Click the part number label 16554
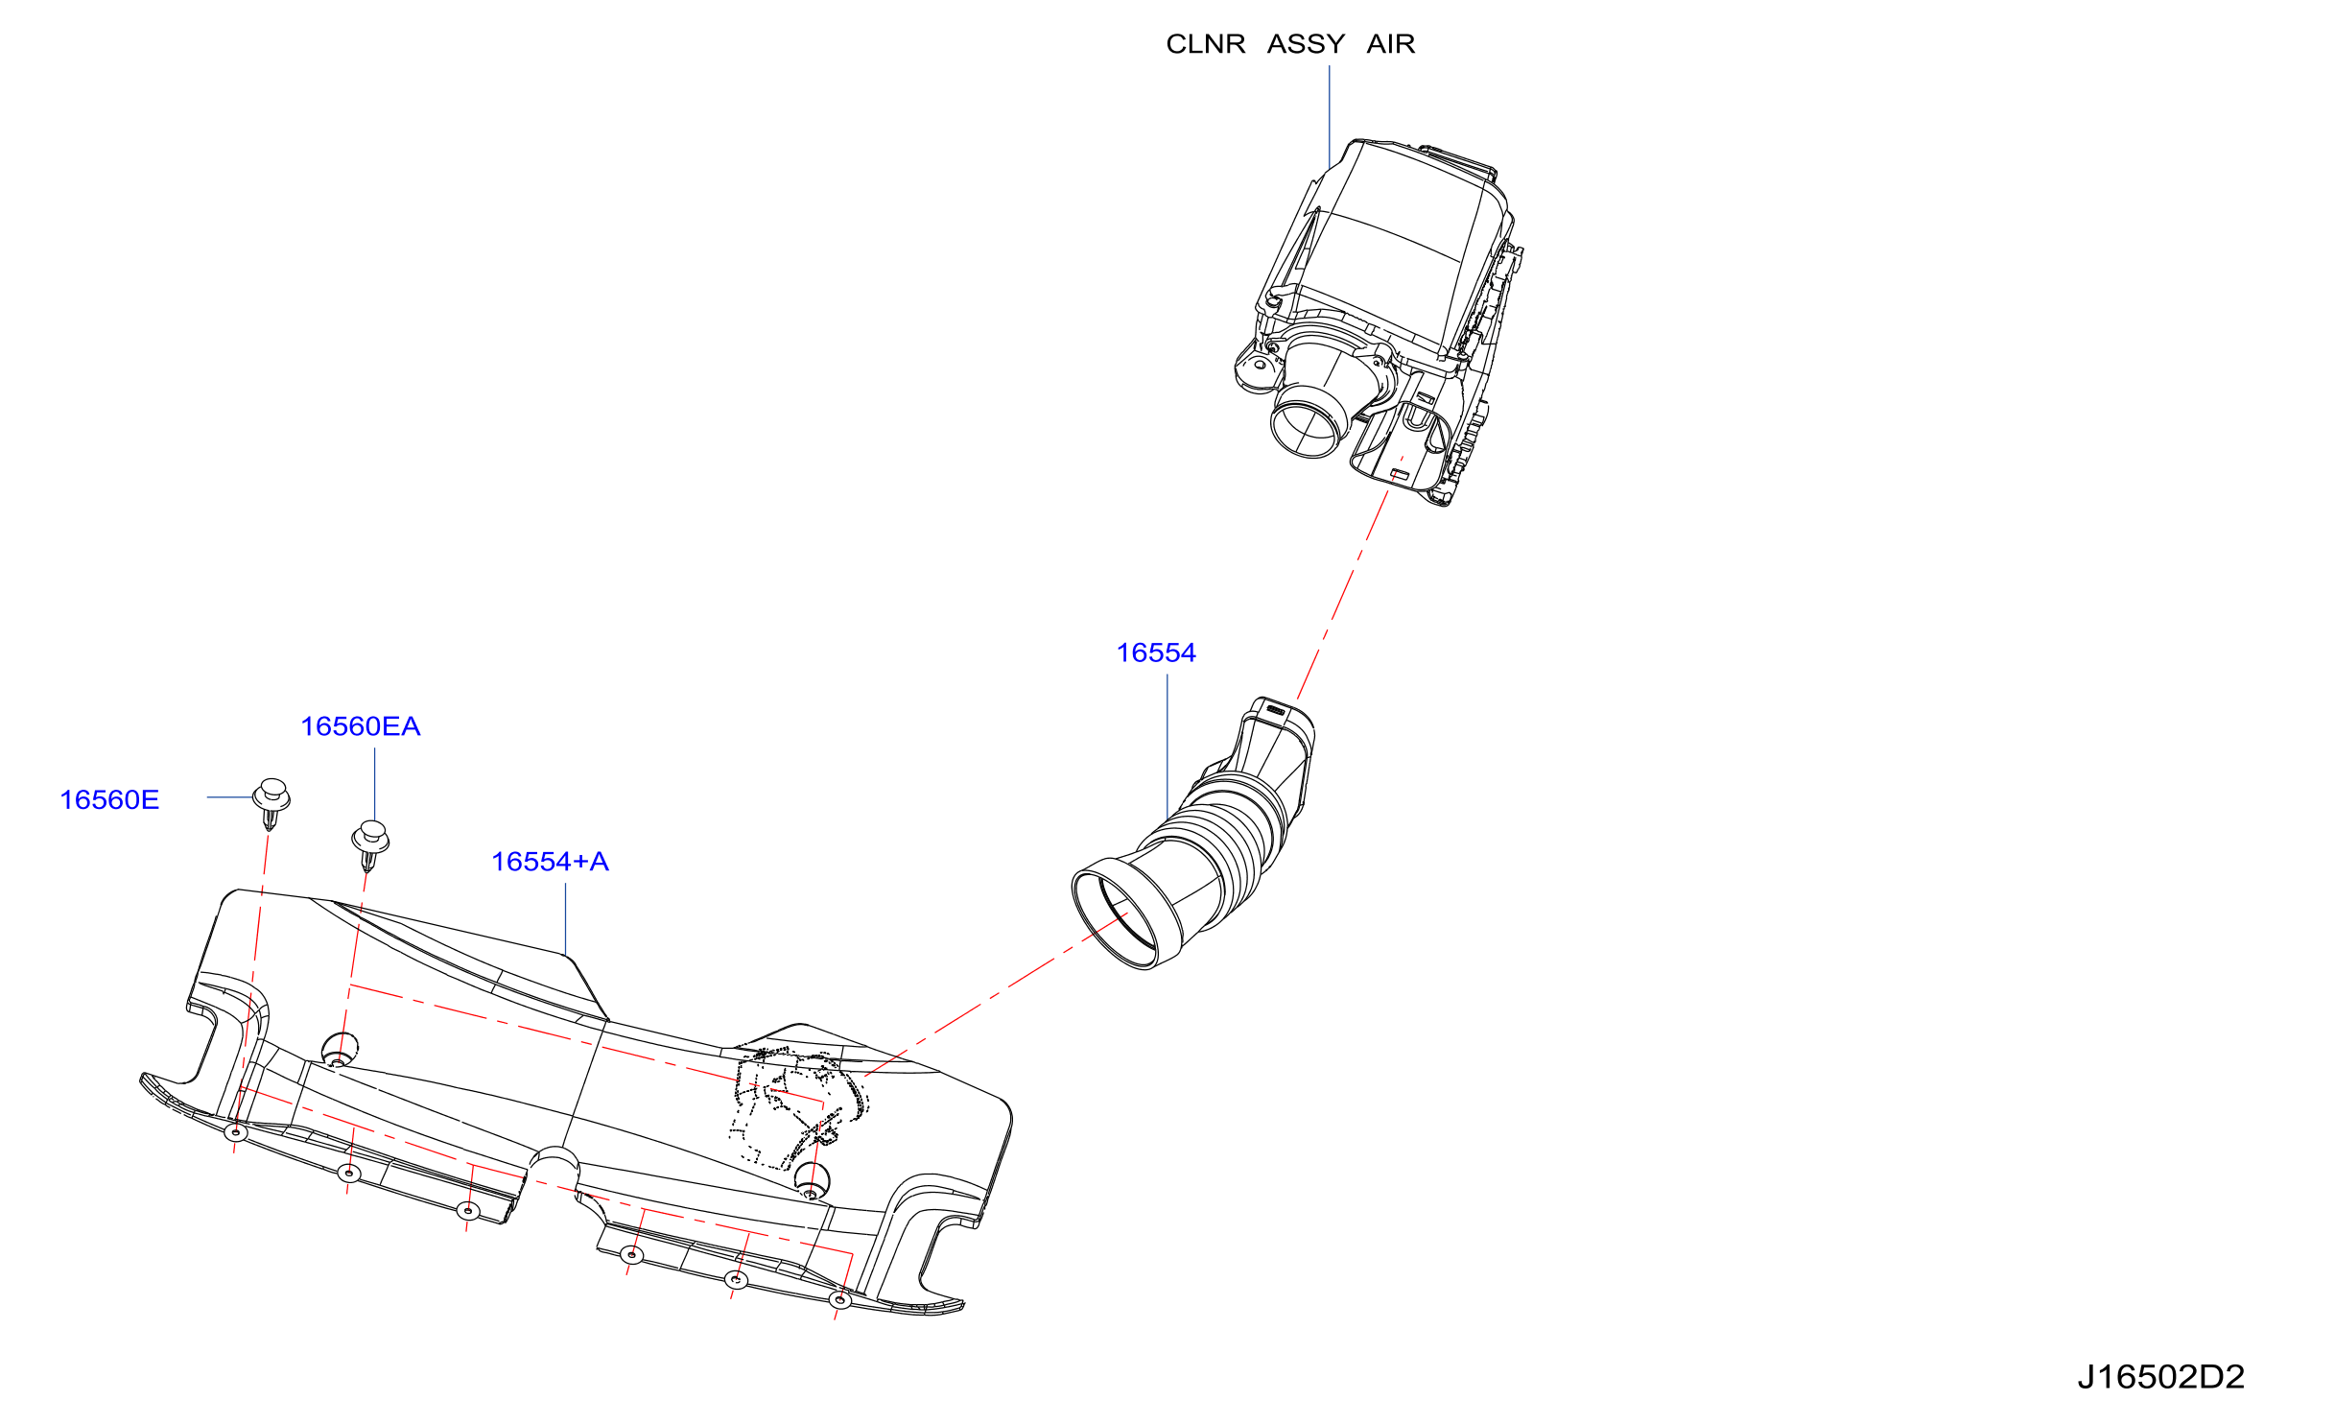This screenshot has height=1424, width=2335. point(1156,653)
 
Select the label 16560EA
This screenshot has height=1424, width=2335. point(361,726)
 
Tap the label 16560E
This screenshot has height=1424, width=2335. point(109,800)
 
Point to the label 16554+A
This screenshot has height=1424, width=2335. point(551,862)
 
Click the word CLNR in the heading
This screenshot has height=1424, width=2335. point(1206,44)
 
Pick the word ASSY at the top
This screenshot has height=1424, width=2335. point(1306,44)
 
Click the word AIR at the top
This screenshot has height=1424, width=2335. point(1391,44)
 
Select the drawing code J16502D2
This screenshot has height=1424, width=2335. point(2160,1378)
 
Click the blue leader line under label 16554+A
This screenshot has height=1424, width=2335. point(566,919)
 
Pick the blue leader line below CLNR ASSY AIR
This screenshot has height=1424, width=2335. point(1330,117)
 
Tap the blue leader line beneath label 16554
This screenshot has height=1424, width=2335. point(1167,748)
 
